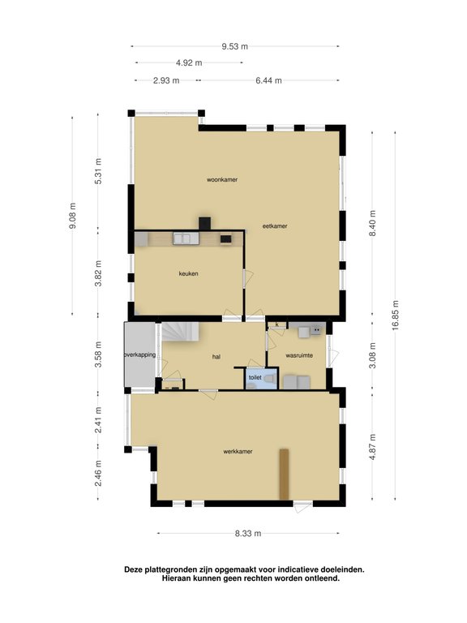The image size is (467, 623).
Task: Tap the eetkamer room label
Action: click(274, 226)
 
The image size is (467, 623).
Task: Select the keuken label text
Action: click(189, 273)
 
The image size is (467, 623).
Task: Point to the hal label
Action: click(216, 356)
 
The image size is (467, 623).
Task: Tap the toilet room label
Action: click(255, 377)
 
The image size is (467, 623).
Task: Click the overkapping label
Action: click(139, 354)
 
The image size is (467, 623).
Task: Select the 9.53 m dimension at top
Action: click(234, 47)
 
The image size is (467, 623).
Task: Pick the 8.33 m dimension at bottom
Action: click(248, 533)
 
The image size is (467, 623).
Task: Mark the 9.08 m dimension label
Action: click(73, 217)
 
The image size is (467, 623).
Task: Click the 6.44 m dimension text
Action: click(268, 80)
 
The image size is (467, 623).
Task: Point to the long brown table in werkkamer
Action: click(284, 475)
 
